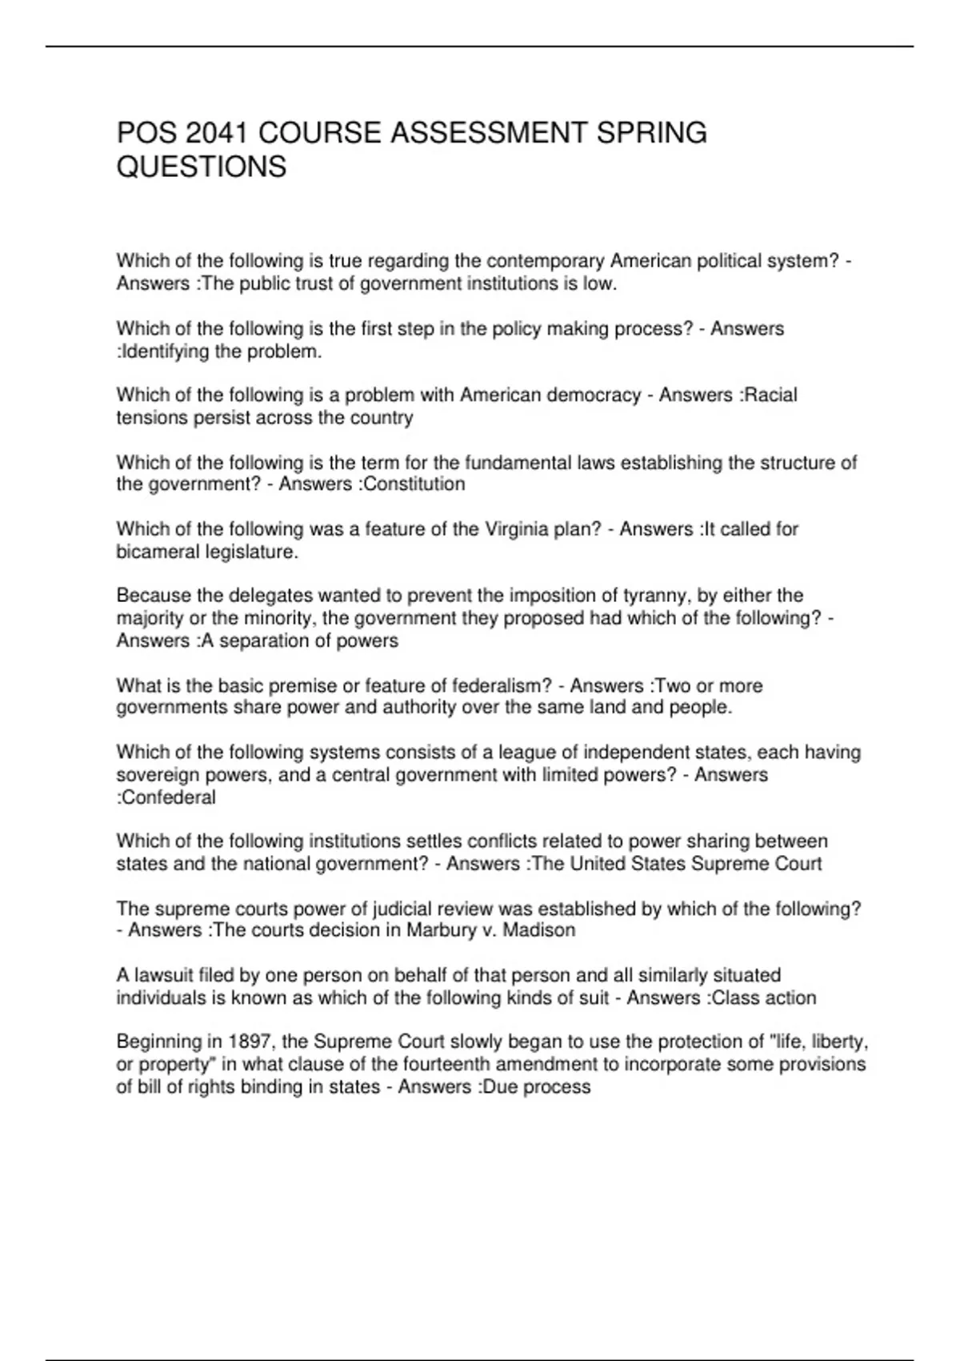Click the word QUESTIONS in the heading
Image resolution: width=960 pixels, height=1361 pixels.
(202, 167)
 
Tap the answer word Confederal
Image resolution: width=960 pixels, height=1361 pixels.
(169, 797)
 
